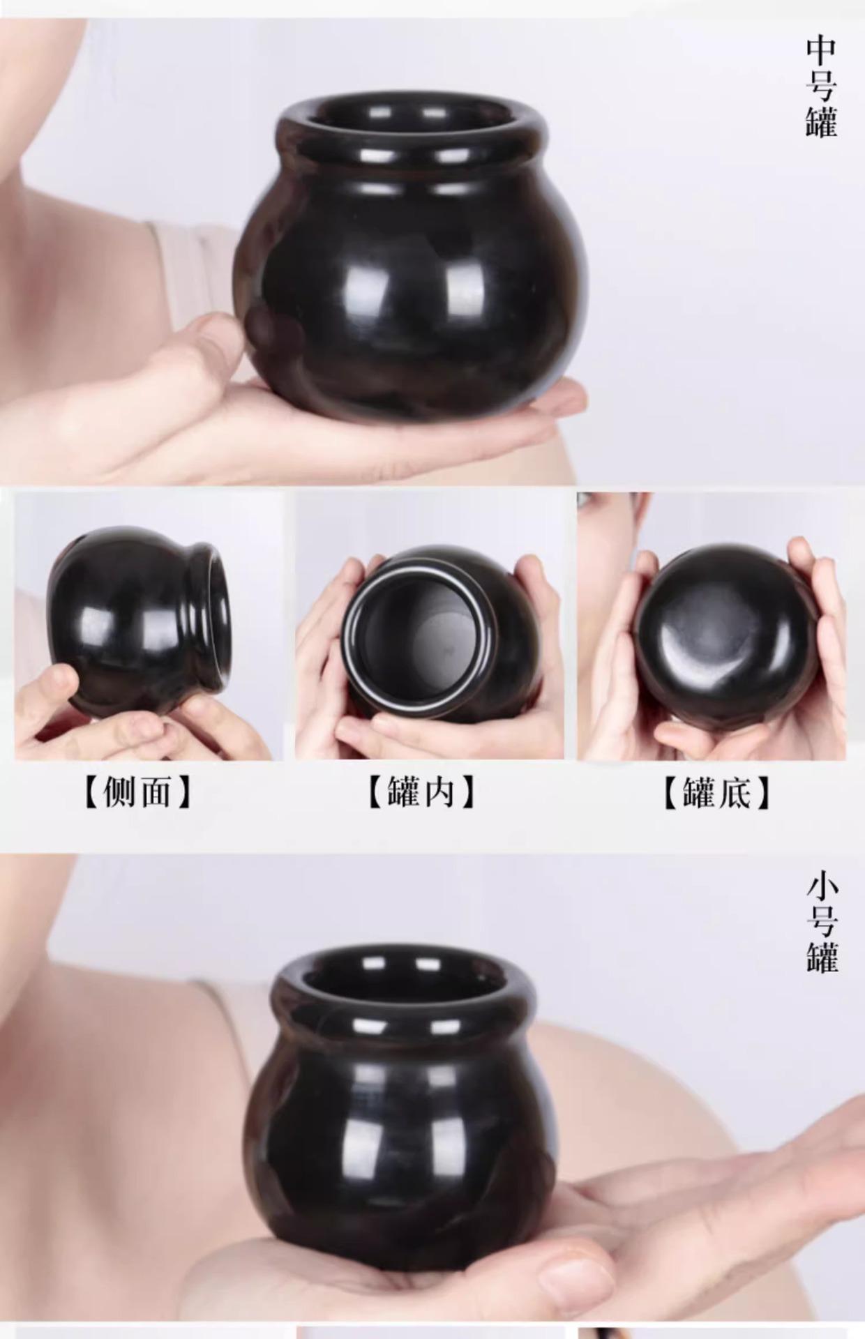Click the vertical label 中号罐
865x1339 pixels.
click(822, 86)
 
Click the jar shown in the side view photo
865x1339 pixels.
click(140, 621)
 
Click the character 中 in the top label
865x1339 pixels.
click(822, 52)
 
